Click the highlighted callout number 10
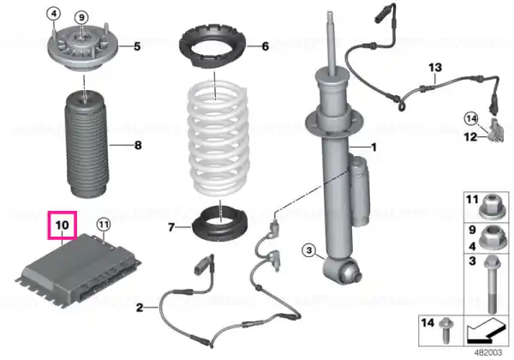[63, 225]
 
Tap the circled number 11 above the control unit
[104, 225]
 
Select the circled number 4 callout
[54, 14]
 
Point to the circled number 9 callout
[81, 17]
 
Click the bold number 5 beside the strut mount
[137, 46]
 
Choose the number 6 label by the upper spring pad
[266, 46]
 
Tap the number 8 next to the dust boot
[138, 145]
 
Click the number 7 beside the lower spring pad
[170, 227]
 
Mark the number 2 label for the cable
[140, 308]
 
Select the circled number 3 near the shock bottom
[309, 251]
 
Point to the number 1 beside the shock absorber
[374, 147]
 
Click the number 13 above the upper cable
[435, 68]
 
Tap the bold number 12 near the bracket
[470, 136]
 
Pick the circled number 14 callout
[471, 118]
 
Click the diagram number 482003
[488, 352]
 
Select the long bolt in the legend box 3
[491, 285]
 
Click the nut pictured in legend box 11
[491, 207]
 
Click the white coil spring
[217, 139]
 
